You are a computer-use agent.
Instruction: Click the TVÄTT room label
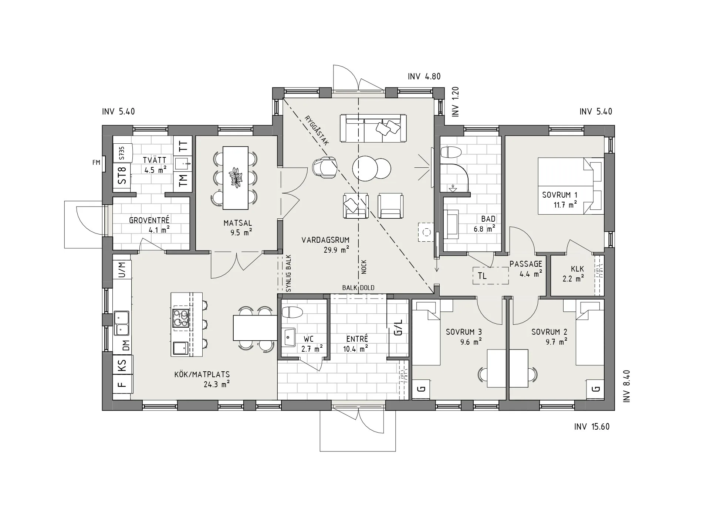154,160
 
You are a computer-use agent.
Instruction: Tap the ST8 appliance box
122,175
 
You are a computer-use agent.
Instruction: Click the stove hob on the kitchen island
181,318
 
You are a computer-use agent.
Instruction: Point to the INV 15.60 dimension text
592,427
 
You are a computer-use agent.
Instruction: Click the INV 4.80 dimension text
424,76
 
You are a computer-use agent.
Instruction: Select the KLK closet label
577,269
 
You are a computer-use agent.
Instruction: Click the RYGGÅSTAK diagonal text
317,130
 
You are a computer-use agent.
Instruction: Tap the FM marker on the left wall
96,162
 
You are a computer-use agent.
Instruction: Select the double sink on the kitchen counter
122,323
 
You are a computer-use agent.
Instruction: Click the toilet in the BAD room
452,152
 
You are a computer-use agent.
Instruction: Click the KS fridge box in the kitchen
122,365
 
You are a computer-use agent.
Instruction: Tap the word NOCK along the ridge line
364,267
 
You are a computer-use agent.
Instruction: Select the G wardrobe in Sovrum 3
421,389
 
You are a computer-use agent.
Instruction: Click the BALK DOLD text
358,288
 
